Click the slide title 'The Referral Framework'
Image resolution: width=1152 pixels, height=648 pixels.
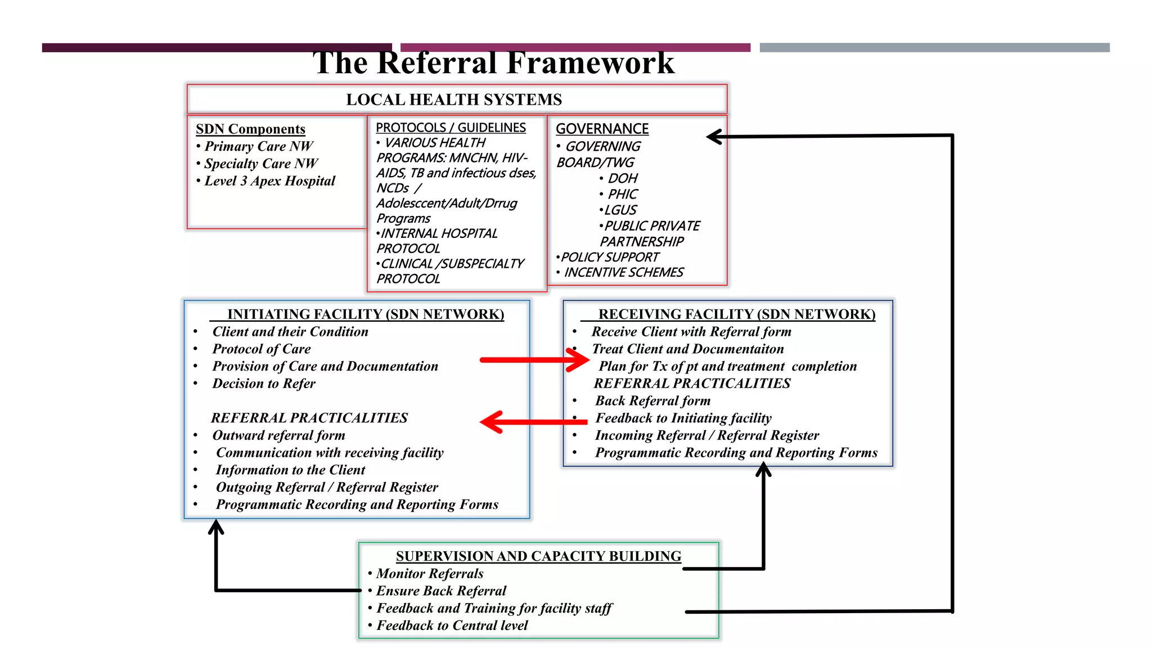(493, 63)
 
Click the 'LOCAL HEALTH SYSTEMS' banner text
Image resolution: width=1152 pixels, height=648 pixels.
(453, 100)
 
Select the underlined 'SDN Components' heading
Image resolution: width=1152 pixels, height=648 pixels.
(250, 129)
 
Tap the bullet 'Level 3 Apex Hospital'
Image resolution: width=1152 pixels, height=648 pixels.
(269, 181)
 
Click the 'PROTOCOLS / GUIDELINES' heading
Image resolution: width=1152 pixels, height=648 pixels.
(451, 128)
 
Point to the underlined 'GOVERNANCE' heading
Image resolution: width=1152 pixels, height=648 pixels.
(602, 129)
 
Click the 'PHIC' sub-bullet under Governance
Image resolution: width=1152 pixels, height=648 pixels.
(622, 194)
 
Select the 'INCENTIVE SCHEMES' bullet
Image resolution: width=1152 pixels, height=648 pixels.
(623, 272)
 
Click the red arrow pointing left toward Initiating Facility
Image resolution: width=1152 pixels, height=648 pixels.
(532, 422)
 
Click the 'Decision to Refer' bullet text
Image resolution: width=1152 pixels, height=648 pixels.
(264, 384)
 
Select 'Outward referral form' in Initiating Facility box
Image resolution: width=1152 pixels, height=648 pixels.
(278, 435)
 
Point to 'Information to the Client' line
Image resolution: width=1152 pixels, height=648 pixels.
(290, 470)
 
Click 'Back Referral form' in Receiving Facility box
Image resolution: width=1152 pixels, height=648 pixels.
(652, 401)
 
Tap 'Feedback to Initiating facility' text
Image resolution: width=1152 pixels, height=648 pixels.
(683, 418)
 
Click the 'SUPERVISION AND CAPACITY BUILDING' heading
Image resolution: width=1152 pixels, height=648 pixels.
(538, 556)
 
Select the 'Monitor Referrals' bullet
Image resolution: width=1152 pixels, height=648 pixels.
(430, 574)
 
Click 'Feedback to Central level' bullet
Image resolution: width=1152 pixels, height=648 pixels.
(452, 625)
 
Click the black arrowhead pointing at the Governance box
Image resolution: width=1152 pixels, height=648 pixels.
(714, 137)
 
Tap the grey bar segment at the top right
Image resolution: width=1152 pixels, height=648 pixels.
(934, 48)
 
